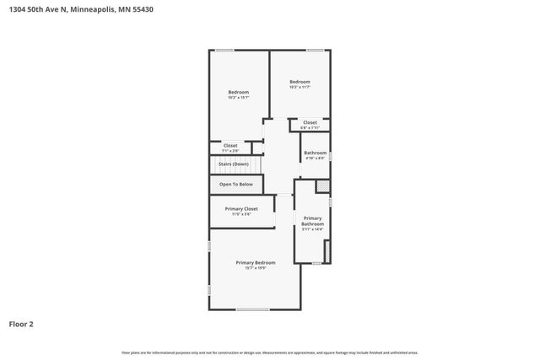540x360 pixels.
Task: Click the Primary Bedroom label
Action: tap(255, 262)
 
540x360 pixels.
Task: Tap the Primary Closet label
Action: tap(241, 208)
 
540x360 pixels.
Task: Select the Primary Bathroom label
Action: tap(313, 221)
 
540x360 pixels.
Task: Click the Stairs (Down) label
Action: tap(234, 164)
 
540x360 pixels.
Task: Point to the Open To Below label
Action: tap(235, 184)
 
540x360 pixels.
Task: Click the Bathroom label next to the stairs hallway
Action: tap(315, 153)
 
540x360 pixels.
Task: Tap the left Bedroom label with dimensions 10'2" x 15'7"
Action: tap(238, 92)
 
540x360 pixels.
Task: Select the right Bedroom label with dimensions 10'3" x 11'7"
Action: tap(300, 82)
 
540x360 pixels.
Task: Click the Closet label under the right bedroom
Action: tap(310, 122)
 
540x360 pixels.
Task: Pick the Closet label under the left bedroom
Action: tap(229, 145)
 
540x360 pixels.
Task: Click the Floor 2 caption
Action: tap(21, 324)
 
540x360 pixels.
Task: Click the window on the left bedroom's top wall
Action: tap(224, 51)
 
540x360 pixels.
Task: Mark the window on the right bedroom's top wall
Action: tap(315, 51)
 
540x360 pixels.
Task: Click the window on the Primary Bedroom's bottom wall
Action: tap(252, 309)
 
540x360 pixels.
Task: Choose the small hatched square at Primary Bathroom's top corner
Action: tap(322, 186)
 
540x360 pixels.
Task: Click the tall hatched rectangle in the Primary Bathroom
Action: tap(327, 251)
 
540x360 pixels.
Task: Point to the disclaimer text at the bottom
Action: tap(270, 352)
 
